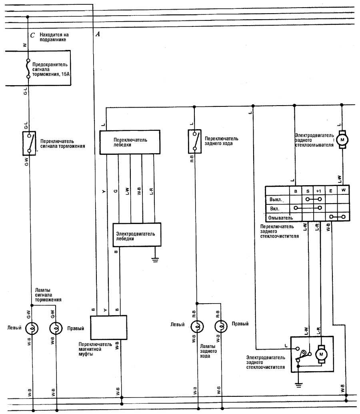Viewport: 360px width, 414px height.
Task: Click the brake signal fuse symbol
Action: (28, 68)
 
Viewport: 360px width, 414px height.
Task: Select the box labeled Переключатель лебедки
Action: (130, 142)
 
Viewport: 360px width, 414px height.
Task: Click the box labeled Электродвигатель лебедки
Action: (137, 235)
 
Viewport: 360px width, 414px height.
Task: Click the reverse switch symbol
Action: (194, 141)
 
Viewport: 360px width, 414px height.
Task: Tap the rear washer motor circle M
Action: (342, 140)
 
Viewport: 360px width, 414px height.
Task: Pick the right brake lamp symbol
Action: (56, 329)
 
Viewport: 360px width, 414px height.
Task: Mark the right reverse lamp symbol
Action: (220, 327)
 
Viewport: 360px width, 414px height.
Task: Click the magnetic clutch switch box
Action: (108, 328)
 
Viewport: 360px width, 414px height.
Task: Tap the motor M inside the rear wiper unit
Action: (321, 354)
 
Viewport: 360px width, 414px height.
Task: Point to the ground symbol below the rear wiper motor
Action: (298, 386)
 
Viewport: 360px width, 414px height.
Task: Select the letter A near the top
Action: (97, 34)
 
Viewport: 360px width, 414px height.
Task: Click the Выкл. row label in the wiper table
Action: (276, 199)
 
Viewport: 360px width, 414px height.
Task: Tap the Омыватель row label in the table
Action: (280, 218)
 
